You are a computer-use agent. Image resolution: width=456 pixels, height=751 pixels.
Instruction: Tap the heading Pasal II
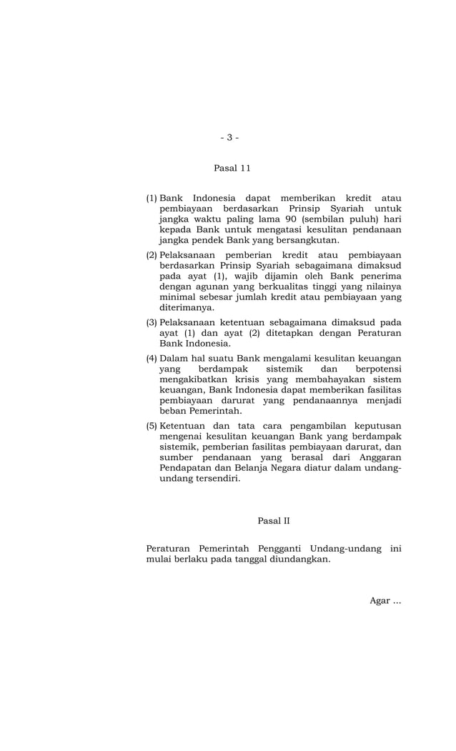coord(274,521)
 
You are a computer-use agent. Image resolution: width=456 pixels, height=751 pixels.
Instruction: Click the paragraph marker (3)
coord(152,322)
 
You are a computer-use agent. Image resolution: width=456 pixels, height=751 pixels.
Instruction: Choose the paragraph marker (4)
coord(152,358)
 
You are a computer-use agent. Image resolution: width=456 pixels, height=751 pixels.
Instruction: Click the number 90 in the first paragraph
coord(291,219)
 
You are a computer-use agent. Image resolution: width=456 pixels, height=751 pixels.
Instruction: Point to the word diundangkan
coord(297,559)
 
